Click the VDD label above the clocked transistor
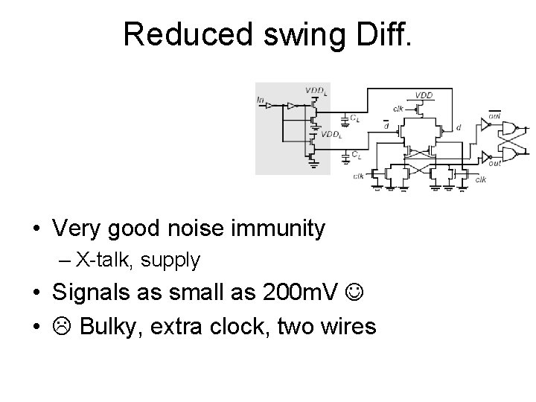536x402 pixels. [x=423, y=96]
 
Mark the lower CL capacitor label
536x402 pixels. [x=357, y=156]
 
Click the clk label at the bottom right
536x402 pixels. [x=480, y=179]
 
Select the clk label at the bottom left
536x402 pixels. [x=358, y=176]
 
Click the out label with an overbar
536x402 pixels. [x=494, y=116]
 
